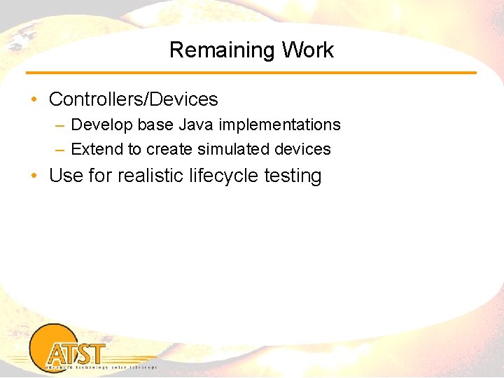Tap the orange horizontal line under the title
(x=251, y=73)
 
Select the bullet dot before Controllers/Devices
(x=34, y=99)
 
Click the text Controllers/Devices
(x=133, y=99)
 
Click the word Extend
(x=97, y=150)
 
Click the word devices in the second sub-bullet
(x=303, y=150)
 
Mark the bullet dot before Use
(x=34, y=176)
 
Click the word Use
(x=66, y=176)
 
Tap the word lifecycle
(x=224, y=176)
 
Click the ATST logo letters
(x=77, y=353)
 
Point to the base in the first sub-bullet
(x=156, y=125)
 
